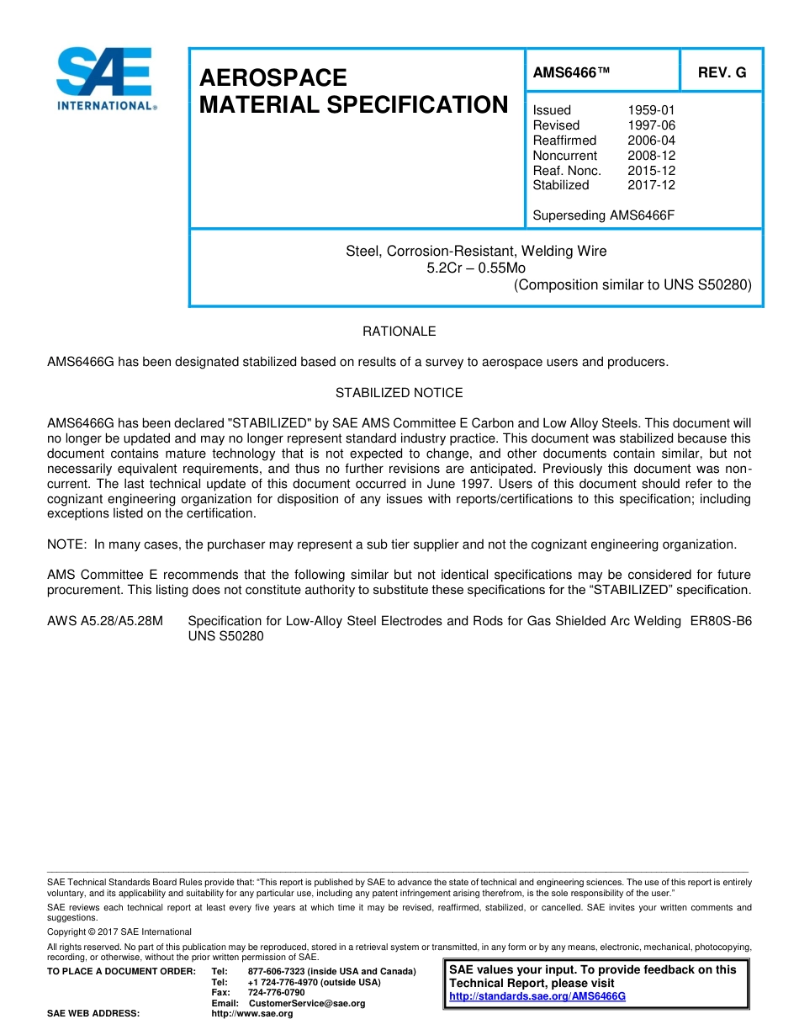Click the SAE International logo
[x=104, y=79]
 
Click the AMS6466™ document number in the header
[x=571, y=73]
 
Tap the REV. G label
[x=722, y=73]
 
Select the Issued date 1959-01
[x=651, y=110]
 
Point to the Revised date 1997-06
[x=651, y=125]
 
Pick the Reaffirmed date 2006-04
[x=651, y=141]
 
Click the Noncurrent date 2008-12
[x=651, y=156]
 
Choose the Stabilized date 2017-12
[x=651, y=185]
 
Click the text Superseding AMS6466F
[x=604, y=215]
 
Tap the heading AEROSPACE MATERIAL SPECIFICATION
[x=353, y=91]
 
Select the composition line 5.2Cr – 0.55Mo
[x=476, y=268]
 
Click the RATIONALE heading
[x=399, y=332]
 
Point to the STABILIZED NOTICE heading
[x=399, y=393]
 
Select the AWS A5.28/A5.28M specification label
[x=105, y=621]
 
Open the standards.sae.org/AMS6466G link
[x=537, y=996]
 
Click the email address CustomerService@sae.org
[x=307, y=1003]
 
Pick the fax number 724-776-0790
[x=277, y=992]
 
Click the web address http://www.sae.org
[x=252, y=1014]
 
